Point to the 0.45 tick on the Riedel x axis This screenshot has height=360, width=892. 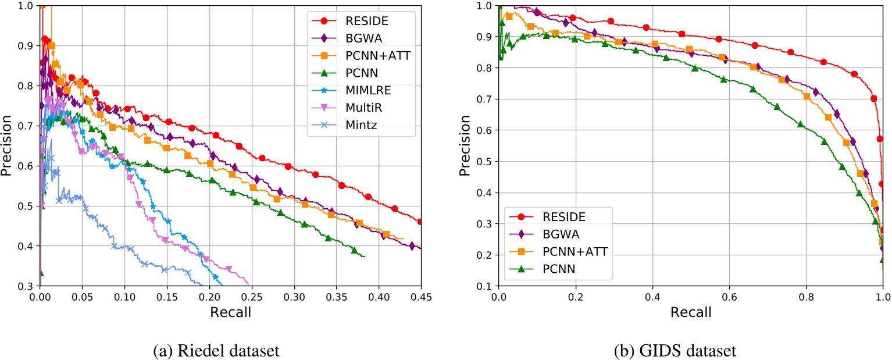[x=420, y=297]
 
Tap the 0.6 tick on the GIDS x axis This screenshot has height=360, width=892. [x=729, y=297]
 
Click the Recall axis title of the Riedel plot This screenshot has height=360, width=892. [x=230, y=312]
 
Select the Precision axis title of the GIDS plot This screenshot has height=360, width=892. [x=465, y=145]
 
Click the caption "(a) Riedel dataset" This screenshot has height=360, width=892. [x=230, y=350]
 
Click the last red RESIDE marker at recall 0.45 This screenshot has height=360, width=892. [x=420, y=222]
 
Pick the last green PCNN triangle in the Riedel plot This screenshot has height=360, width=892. [x=354, y=250]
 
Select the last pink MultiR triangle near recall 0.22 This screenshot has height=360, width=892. [x=229, y=269]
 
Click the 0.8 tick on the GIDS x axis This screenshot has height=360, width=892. [x=806, y=297]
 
